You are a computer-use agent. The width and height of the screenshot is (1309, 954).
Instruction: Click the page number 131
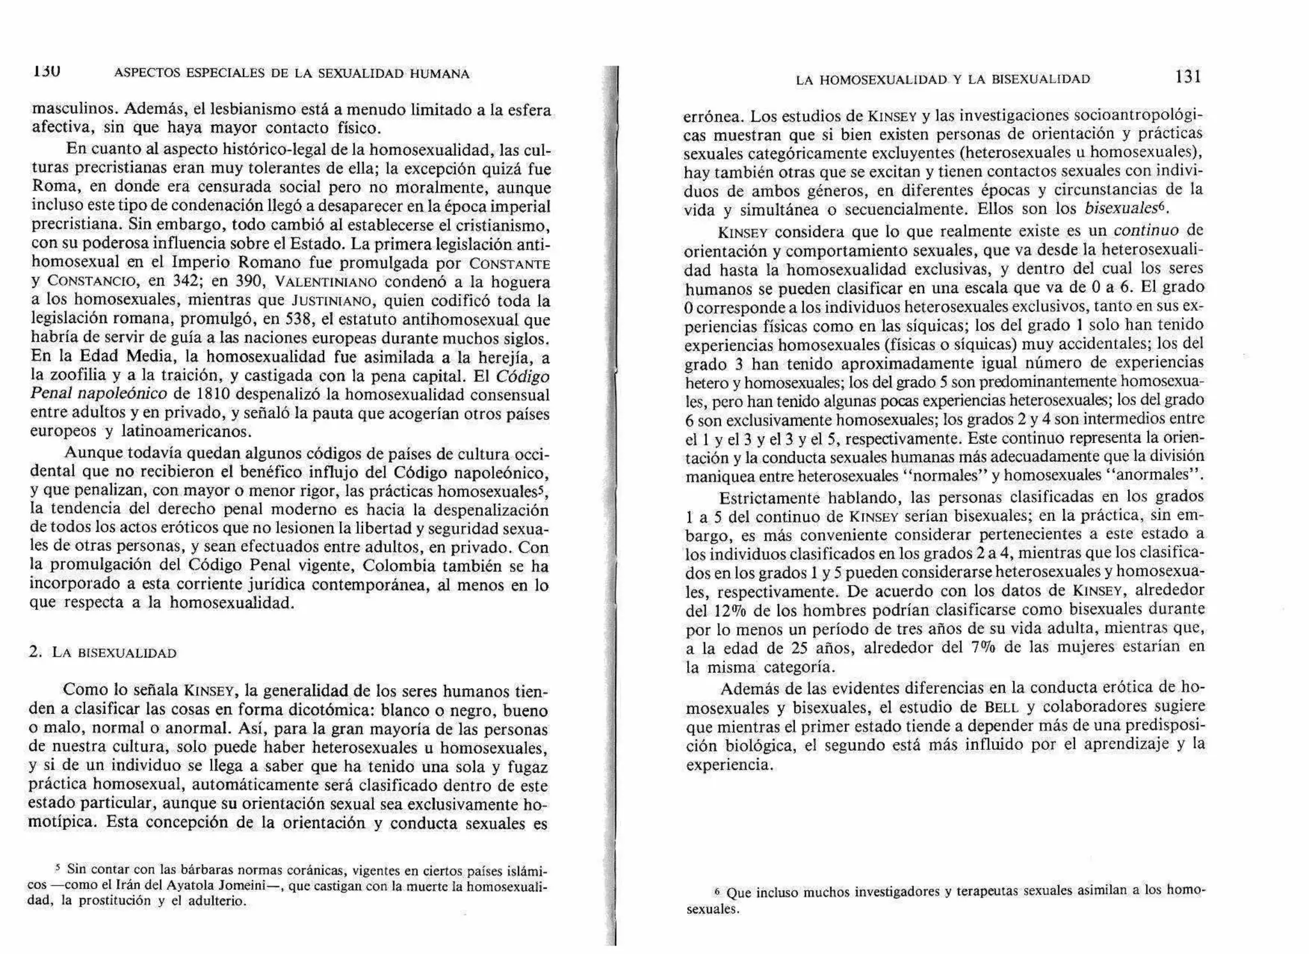pyautogui.click(x=1188, y=77)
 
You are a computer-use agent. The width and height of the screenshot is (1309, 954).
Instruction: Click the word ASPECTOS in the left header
pyautogui.click(x=147, y=74)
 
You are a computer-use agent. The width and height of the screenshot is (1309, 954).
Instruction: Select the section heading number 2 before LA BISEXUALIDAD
pyautogui.click(x=35, y=652)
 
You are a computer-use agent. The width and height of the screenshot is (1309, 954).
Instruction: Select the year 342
pyautogui.click(x=185, y=281)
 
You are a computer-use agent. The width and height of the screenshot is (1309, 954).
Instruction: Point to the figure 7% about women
pyautogui.click(x=985, y=647)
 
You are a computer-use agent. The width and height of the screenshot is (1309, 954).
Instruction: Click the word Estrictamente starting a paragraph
pyautogui.click(x=769, y=497)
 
